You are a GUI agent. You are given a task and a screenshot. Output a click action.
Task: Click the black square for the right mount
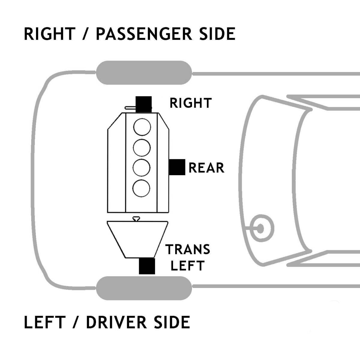(144, 104)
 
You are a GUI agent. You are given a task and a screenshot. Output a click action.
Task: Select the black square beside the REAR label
(177, 167)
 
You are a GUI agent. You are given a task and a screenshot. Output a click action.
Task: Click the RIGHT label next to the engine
(191, 103)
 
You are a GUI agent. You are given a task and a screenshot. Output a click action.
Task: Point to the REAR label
(206, 167)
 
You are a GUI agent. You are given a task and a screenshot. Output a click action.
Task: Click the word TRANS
(188, 249)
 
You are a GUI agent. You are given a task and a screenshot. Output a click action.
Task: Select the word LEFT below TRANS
(187, 265)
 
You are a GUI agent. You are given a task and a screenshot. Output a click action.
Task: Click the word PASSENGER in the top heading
(143, 34)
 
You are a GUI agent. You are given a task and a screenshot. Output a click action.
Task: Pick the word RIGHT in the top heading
(49, 34)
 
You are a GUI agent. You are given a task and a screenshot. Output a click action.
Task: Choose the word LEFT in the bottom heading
(45, 322)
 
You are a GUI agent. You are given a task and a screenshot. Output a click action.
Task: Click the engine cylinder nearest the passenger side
(142, 127)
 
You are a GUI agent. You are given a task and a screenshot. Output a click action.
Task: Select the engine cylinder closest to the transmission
(142, 188)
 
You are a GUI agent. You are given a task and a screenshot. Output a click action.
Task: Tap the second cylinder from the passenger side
(142, 147)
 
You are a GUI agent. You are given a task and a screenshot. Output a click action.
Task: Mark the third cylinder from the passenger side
(142, 168)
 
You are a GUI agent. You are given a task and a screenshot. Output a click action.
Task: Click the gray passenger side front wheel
(144, 73)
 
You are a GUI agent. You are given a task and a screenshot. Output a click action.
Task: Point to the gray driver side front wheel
(144, 288)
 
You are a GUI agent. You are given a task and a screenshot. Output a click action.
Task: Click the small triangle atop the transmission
(137, 218)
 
